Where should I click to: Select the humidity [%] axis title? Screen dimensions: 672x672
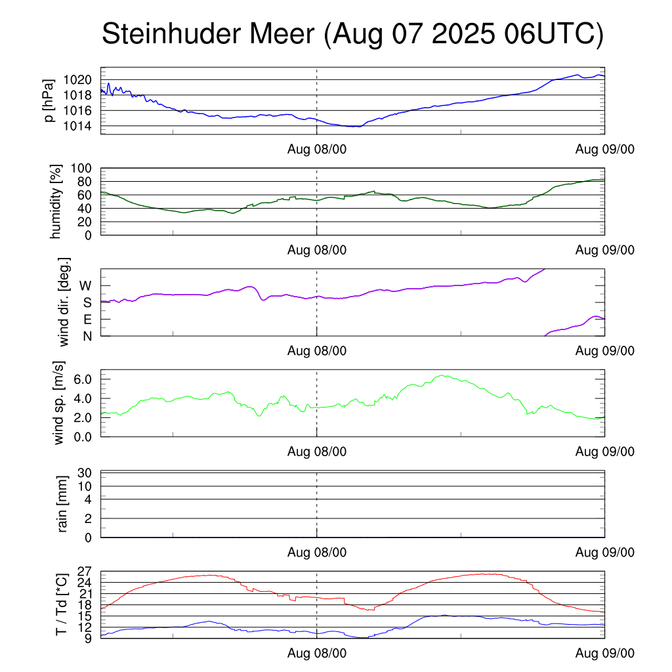56,201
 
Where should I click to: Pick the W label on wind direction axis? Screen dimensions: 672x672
86,285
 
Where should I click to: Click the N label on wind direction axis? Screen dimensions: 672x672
87,336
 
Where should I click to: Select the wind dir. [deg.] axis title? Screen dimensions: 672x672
64,303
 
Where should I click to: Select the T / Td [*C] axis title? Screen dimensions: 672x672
61,604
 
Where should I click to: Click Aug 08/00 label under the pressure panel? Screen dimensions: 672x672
317,149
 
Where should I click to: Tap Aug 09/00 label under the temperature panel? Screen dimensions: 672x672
605,653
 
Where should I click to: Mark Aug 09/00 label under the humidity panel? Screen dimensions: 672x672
605,250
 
